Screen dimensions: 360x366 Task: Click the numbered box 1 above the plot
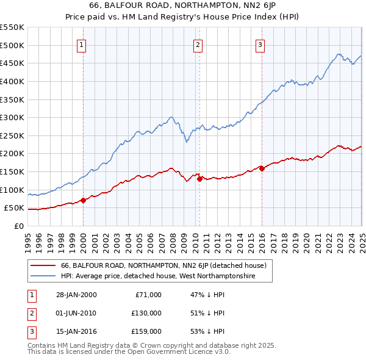81,44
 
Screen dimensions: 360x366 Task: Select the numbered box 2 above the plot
198,44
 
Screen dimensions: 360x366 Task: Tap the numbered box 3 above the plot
260,44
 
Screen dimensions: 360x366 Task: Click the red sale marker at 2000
84,200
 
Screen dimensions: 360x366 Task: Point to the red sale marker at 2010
199,179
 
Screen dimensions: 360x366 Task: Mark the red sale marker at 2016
262,168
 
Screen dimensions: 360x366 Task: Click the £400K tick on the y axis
12,81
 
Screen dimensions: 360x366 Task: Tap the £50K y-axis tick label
15,208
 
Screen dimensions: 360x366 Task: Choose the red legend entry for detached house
163,265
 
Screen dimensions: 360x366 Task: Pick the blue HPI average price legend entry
157,276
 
